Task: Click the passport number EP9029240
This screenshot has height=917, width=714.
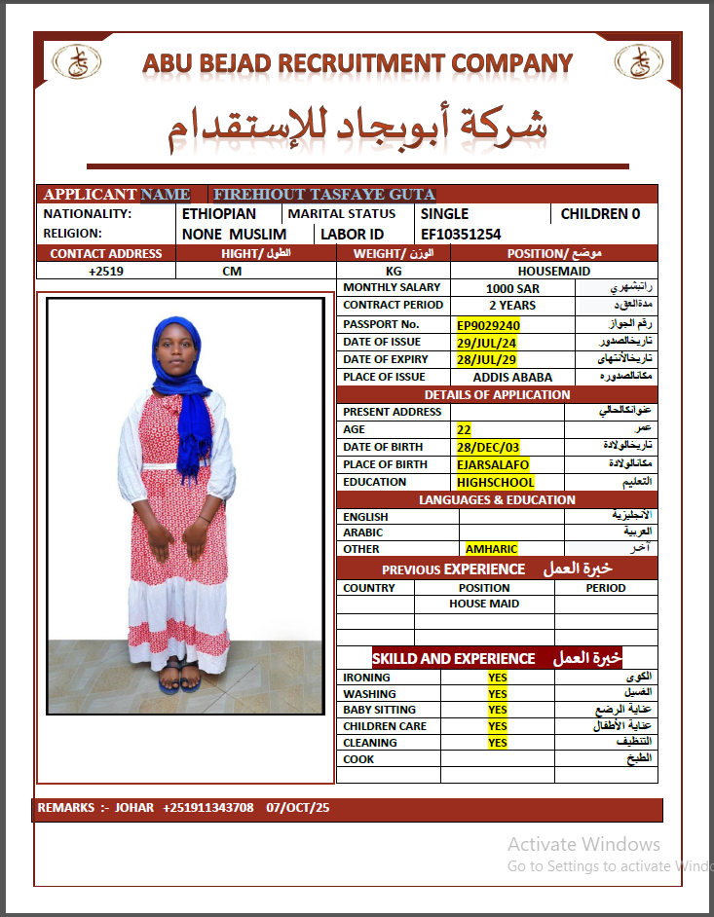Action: pos(489,325)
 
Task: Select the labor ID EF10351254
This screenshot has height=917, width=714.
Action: pos(461,235)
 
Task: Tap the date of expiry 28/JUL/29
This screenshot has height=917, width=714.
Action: pos(487,360)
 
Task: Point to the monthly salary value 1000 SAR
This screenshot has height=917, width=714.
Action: pos(512,289)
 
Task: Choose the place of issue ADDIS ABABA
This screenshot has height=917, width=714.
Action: pos(512,378)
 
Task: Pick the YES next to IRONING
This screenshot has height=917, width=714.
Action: pos(498,678)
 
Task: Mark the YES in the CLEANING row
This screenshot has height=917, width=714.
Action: pos(498,743)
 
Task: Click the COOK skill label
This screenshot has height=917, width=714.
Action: pos(357,759)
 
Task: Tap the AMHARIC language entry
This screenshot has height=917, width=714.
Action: pos(492,549)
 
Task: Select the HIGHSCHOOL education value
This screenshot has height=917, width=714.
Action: pos(496,482)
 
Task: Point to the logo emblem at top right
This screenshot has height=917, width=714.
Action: pos(639,62)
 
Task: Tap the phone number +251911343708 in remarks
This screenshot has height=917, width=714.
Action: pos(208,808)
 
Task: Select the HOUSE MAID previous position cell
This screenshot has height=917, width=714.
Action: pos(484,604)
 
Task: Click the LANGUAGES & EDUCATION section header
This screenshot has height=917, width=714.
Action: pos(497,499)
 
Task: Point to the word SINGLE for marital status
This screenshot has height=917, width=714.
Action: pos(444,214)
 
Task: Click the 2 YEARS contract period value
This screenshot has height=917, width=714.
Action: pos(512,306)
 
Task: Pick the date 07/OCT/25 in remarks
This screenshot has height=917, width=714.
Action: pos(298,808)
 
